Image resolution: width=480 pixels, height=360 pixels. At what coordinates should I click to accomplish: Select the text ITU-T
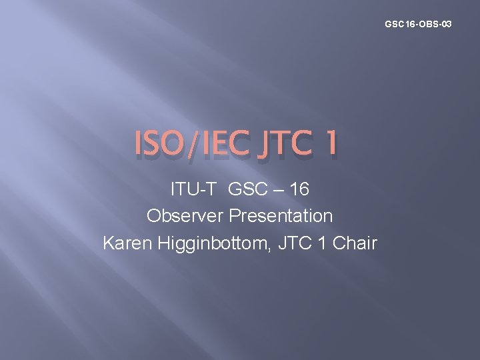pos(194,189)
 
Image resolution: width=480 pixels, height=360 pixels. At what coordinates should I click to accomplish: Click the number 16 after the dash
pos(299,189)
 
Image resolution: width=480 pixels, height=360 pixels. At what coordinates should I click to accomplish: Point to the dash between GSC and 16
pos(277,190)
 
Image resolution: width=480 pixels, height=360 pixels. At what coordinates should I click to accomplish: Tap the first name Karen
pos(127,243)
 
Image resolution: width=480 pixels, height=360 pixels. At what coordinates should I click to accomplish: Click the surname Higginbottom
pos(211,243)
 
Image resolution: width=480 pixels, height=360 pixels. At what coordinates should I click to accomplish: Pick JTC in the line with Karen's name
pos(294,243)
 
